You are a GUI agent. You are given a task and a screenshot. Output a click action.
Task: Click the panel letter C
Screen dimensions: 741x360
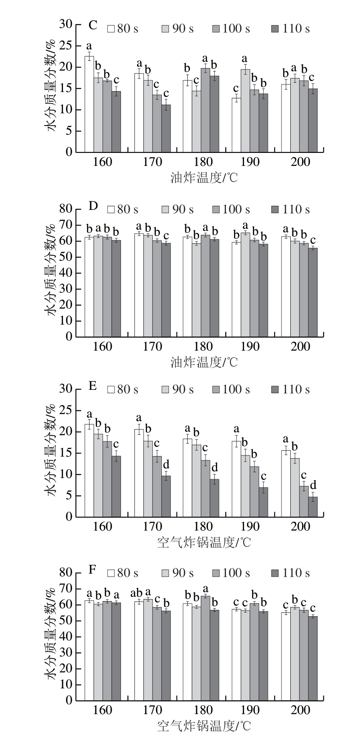tap(93, 25)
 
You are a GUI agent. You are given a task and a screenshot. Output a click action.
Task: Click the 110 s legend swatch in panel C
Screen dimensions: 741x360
tap(275, 29)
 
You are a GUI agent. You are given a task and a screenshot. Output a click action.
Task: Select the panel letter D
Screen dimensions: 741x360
tap(93, 206)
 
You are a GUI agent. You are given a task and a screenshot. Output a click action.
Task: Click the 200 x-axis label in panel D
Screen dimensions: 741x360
tap(300, 347)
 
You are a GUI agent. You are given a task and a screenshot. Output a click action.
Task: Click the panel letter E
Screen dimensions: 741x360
tap(92, 386)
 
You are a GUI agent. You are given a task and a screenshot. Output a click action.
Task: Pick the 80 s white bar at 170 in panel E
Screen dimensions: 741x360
tap(139, 473)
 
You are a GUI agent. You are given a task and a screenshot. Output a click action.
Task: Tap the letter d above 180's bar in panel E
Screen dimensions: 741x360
tap(215, 467)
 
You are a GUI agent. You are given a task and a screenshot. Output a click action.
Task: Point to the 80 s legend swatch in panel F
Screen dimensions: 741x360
tap(111, 573)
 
